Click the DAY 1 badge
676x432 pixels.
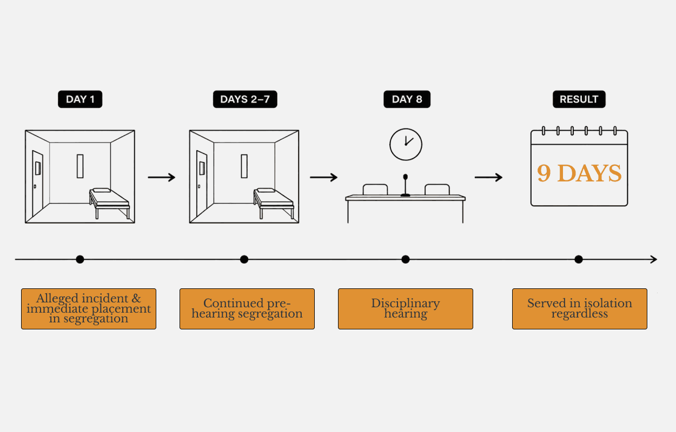(x=80, y=99)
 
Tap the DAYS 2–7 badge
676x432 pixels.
(x=245, y=99)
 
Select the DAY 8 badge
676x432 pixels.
(x=407, y=99)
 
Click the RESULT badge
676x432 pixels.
(x=579, y=99)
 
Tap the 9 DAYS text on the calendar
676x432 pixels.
(x=579, y=173)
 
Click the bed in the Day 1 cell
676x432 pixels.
(x=110, y=202)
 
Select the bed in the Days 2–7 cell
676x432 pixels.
(x=274, y=202)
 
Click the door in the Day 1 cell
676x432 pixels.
(x=37, y=183)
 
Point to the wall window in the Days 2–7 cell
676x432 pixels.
(x=244, y=166)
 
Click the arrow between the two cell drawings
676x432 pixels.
(x=162, y=178)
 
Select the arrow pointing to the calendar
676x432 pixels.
(x=488, y=178)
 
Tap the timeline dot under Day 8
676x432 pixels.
(x=405, y=259)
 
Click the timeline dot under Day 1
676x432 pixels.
(x=80, y=259)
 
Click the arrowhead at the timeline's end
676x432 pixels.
(x=654, y=259)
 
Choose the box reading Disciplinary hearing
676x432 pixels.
(x=405, y=309)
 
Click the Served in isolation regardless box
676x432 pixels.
(x=579, y=309)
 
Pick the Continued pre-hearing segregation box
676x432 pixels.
(x=247, y=309)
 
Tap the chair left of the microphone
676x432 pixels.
(x=375, y=190)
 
